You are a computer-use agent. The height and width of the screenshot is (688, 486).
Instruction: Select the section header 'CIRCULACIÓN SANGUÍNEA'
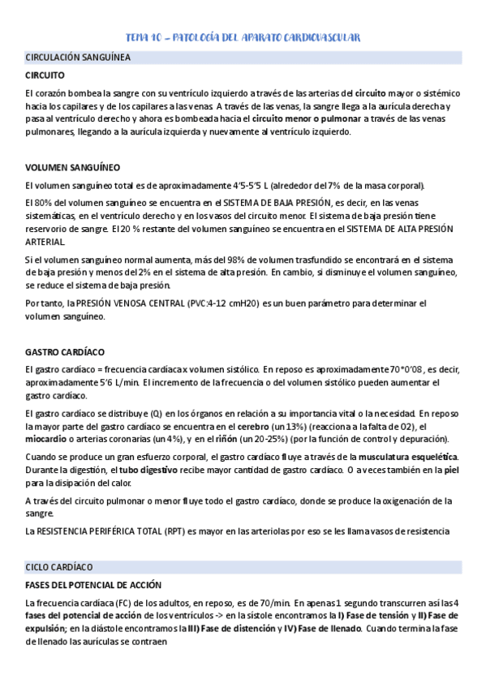pyautogui.click(x=78, y=58)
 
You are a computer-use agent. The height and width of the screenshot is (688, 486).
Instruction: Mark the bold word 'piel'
pyautogui.click(x=452, y=471)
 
